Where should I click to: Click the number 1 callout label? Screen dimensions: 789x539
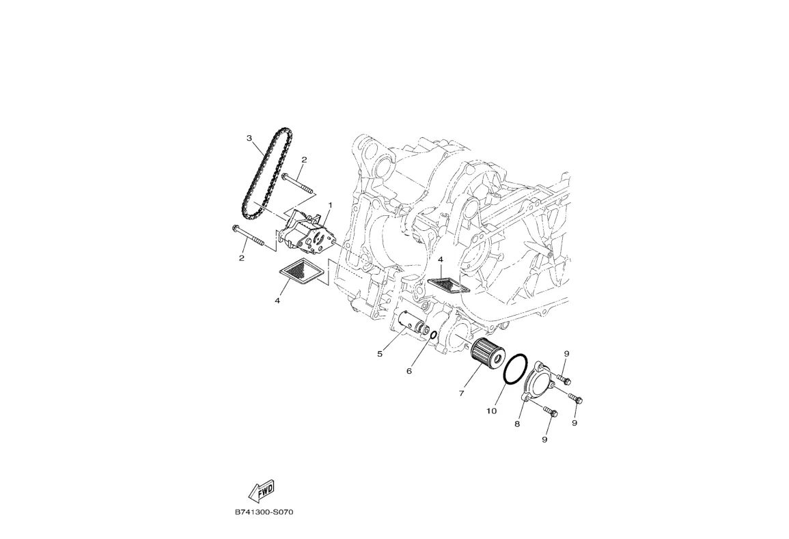[x=330, y=204]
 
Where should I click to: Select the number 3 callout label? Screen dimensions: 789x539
[x=250, y=138]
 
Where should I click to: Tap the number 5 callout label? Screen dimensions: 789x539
[x=379, y=353]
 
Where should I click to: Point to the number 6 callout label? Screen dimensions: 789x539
[x=409, y=371]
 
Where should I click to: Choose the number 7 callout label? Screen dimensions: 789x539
[x=462, y=393]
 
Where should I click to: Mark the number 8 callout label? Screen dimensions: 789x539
[x=517, y=424]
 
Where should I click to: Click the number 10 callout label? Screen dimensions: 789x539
[x=491, y=411]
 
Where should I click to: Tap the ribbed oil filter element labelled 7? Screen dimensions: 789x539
[x=487, y=353]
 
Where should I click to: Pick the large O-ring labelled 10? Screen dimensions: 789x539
[x=516, y=369]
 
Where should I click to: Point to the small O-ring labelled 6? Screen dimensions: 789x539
[x=433, y=335]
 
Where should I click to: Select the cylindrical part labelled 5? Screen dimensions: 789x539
[x=412, y=322]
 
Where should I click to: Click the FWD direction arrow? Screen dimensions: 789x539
[x=261, y=490]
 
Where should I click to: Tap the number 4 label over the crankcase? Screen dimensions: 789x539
[x=441, y=260]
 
